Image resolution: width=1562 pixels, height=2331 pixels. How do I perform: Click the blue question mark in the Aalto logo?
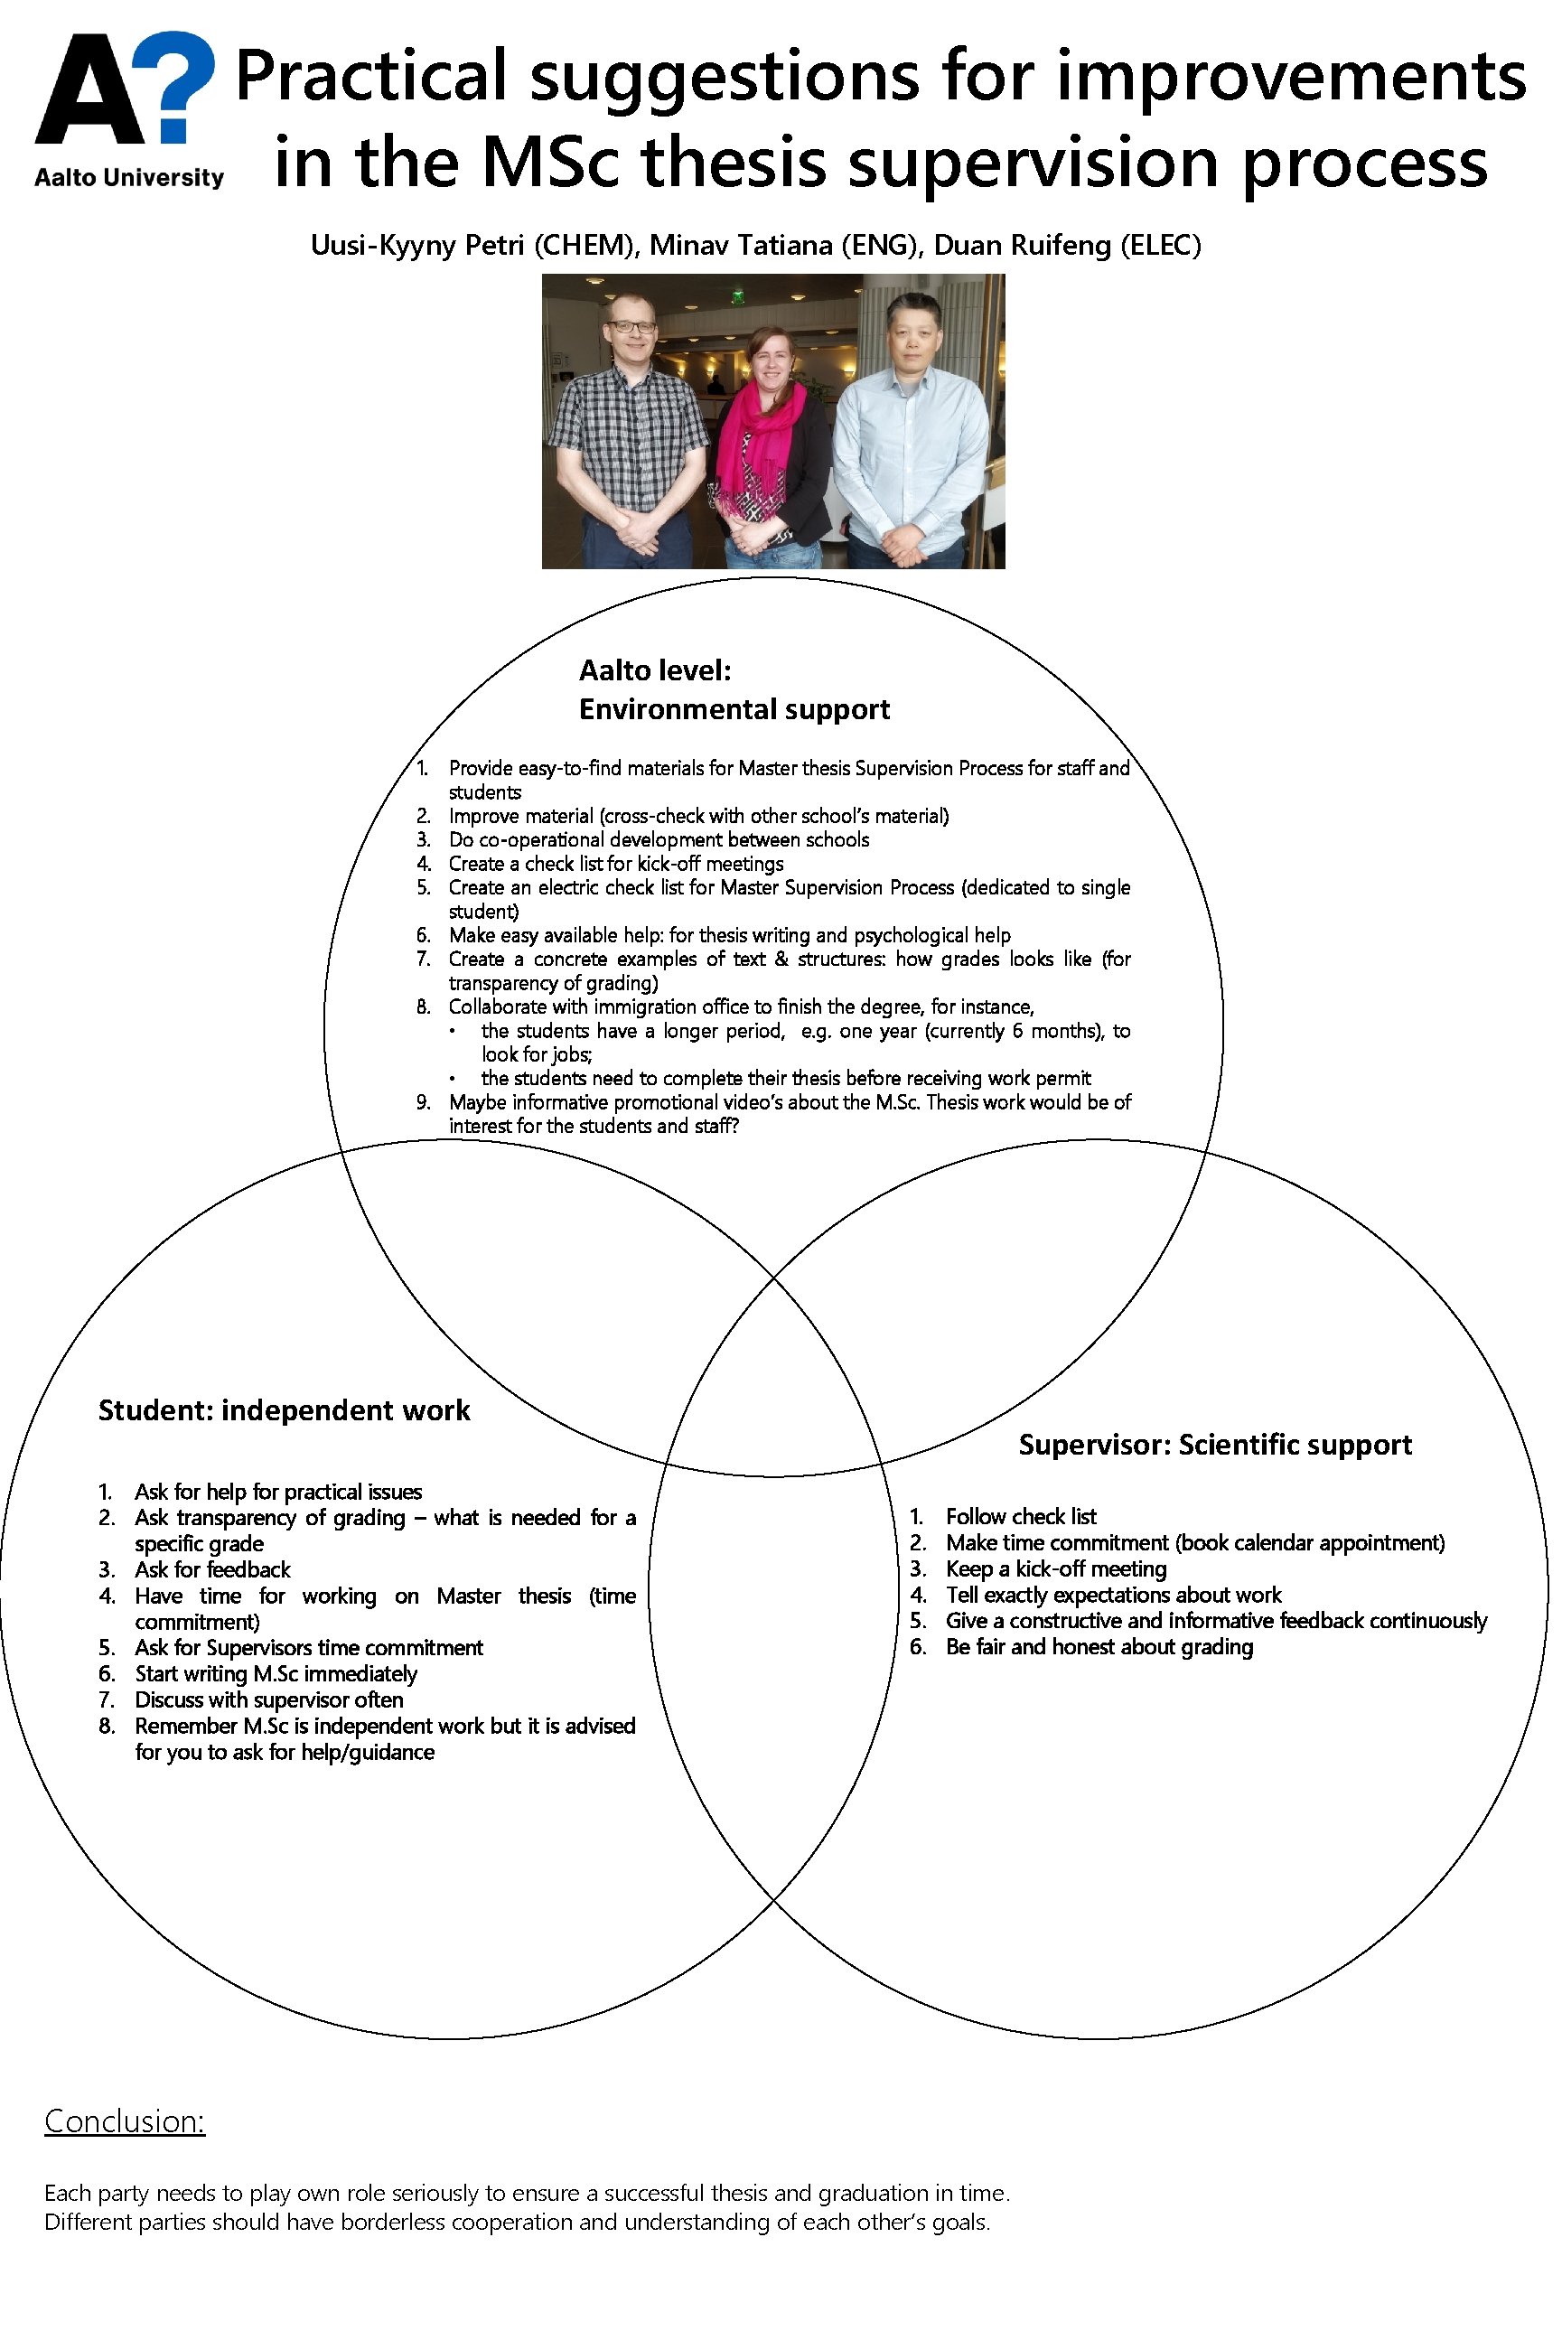point(177,80)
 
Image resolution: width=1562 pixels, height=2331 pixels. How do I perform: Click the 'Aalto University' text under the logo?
point(129,178)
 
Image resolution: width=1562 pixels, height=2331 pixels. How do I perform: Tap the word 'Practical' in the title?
point(370,78)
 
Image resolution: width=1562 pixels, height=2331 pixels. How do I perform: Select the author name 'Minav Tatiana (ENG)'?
point(783,245)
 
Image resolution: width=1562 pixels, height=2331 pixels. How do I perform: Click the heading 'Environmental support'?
point(734,709)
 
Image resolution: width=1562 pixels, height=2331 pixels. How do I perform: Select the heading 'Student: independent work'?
point(284,1410)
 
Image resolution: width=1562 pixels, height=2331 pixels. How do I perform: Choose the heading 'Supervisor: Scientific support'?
point(1214,1445)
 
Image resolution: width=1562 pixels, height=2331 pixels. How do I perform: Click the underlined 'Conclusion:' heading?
point(125,2120)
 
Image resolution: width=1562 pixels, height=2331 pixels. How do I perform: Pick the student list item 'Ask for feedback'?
point(212,1570)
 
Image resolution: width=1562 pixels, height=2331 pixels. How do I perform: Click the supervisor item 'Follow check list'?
point(1020,1516)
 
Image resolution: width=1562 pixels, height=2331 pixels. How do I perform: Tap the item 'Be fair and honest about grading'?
point(1099,1647)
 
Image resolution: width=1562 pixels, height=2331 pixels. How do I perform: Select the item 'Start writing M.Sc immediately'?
point(276,1673)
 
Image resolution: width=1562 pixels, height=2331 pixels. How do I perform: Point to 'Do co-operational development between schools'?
point(659,839)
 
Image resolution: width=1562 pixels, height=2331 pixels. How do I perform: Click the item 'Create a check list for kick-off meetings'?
point(615,864)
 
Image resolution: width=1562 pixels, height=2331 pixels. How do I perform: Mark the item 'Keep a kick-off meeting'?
point(1056,1569)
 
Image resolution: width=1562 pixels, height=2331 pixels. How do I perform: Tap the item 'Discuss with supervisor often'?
point(269,1699)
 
